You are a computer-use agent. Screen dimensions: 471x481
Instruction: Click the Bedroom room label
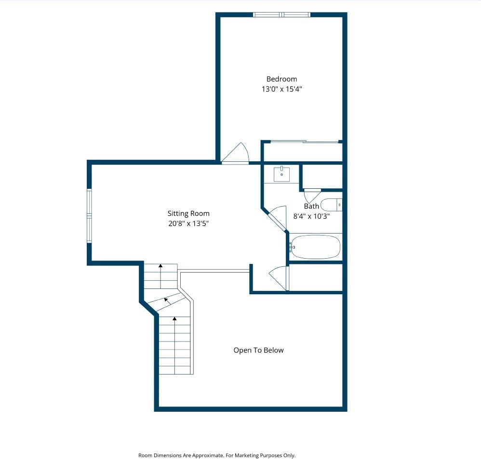(282, 79)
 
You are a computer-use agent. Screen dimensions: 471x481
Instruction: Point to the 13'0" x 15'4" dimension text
(282, 89)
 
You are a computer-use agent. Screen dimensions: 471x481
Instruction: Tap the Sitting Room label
(188, 213)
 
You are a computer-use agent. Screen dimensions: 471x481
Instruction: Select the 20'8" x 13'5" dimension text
(188, 223)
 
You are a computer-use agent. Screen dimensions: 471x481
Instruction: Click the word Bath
(311, 206)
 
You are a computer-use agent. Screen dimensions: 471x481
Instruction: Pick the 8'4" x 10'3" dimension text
(311, 216)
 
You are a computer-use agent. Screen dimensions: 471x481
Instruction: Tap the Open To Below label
(258, 350)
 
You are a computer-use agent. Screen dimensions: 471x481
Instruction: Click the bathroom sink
(281, 174)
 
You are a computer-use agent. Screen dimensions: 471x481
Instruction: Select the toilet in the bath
(332, 205)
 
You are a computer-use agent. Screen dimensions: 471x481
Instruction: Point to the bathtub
(315, 247)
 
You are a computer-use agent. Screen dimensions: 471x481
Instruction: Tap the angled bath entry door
(278, 218)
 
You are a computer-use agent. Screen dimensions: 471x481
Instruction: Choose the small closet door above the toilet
(311, 196)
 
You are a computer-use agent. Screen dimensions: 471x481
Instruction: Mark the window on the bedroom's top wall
(282, 15)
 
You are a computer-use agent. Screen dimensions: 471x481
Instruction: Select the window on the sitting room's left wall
(89, 216)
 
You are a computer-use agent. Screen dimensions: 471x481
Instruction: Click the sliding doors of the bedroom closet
(304, 142)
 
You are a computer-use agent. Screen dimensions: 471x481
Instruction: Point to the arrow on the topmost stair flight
(160, 266)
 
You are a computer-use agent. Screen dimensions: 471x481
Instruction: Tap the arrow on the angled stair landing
(167, 300)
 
